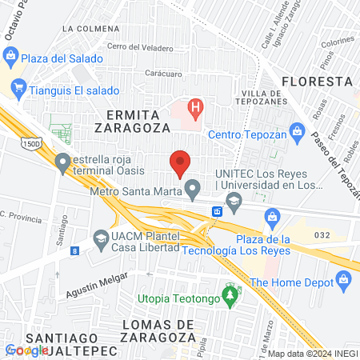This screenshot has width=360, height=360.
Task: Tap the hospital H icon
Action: [194, 106]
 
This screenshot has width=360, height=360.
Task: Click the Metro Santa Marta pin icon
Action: [192, 190]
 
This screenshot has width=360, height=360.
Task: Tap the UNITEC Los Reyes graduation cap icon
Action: [234, 203]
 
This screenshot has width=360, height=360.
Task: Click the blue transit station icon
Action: [217, 211]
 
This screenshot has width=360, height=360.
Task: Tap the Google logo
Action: [26, 350]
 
